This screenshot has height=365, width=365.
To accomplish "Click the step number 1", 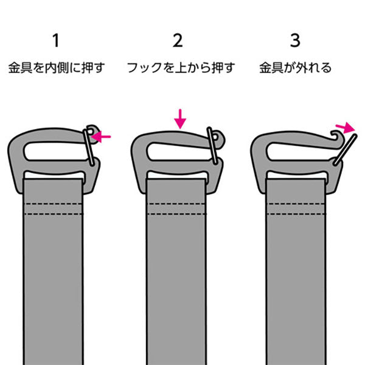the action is coord(56,41).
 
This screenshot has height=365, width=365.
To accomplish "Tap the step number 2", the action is coord(178,41).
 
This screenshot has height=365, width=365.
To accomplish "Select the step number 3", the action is coord(295,41).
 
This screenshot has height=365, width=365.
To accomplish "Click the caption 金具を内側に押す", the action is coord(57,68).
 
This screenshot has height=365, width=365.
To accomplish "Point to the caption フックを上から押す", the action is coord(181,68).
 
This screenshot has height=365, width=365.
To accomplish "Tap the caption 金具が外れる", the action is coord(295,68).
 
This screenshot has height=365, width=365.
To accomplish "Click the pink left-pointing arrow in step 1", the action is coord(100,137).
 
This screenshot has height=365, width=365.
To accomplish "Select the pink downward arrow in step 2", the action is coord(180,119).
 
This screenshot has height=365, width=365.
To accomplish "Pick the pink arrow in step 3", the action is coord(345,128).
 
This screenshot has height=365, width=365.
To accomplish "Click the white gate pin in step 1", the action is coord(89,147).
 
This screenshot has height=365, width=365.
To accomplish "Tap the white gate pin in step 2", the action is coord(212,145).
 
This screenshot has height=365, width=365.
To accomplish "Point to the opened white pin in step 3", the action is coord(345,150).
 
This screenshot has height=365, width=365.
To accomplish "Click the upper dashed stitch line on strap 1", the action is coord(53,204).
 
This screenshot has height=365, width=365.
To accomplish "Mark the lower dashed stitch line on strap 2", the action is coord(176,214).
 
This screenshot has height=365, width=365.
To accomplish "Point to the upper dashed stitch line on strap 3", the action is coord(296,204).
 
